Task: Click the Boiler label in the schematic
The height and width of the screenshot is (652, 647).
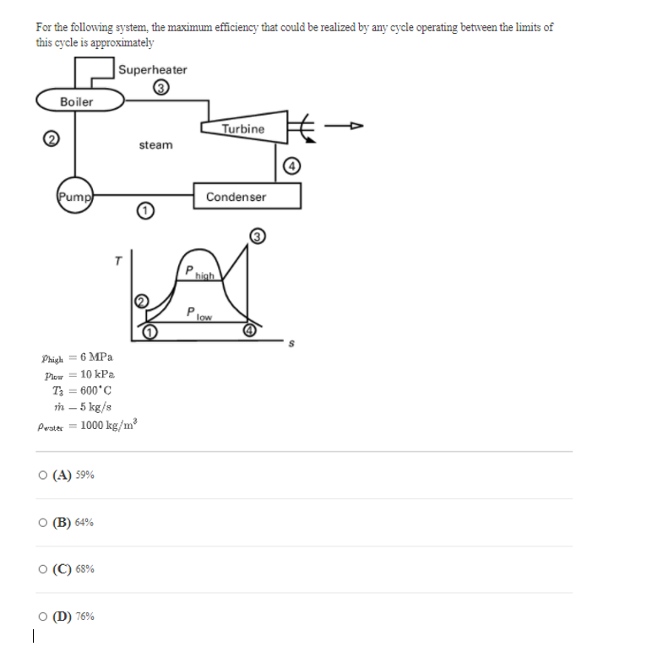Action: click(76, 101)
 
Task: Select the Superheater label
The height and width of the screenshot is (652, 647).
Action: click(153, 69)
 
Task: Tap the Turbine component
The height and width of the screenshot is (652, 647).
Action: click(243, 128)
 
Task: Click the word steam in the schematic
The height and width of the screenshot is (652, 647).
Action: click(155, 145)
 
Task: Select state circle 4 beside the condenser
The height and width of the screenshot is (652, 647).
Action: click(292, 166)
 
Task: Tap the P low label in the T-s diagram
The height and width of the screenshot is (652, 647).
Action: click(198, 313)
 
